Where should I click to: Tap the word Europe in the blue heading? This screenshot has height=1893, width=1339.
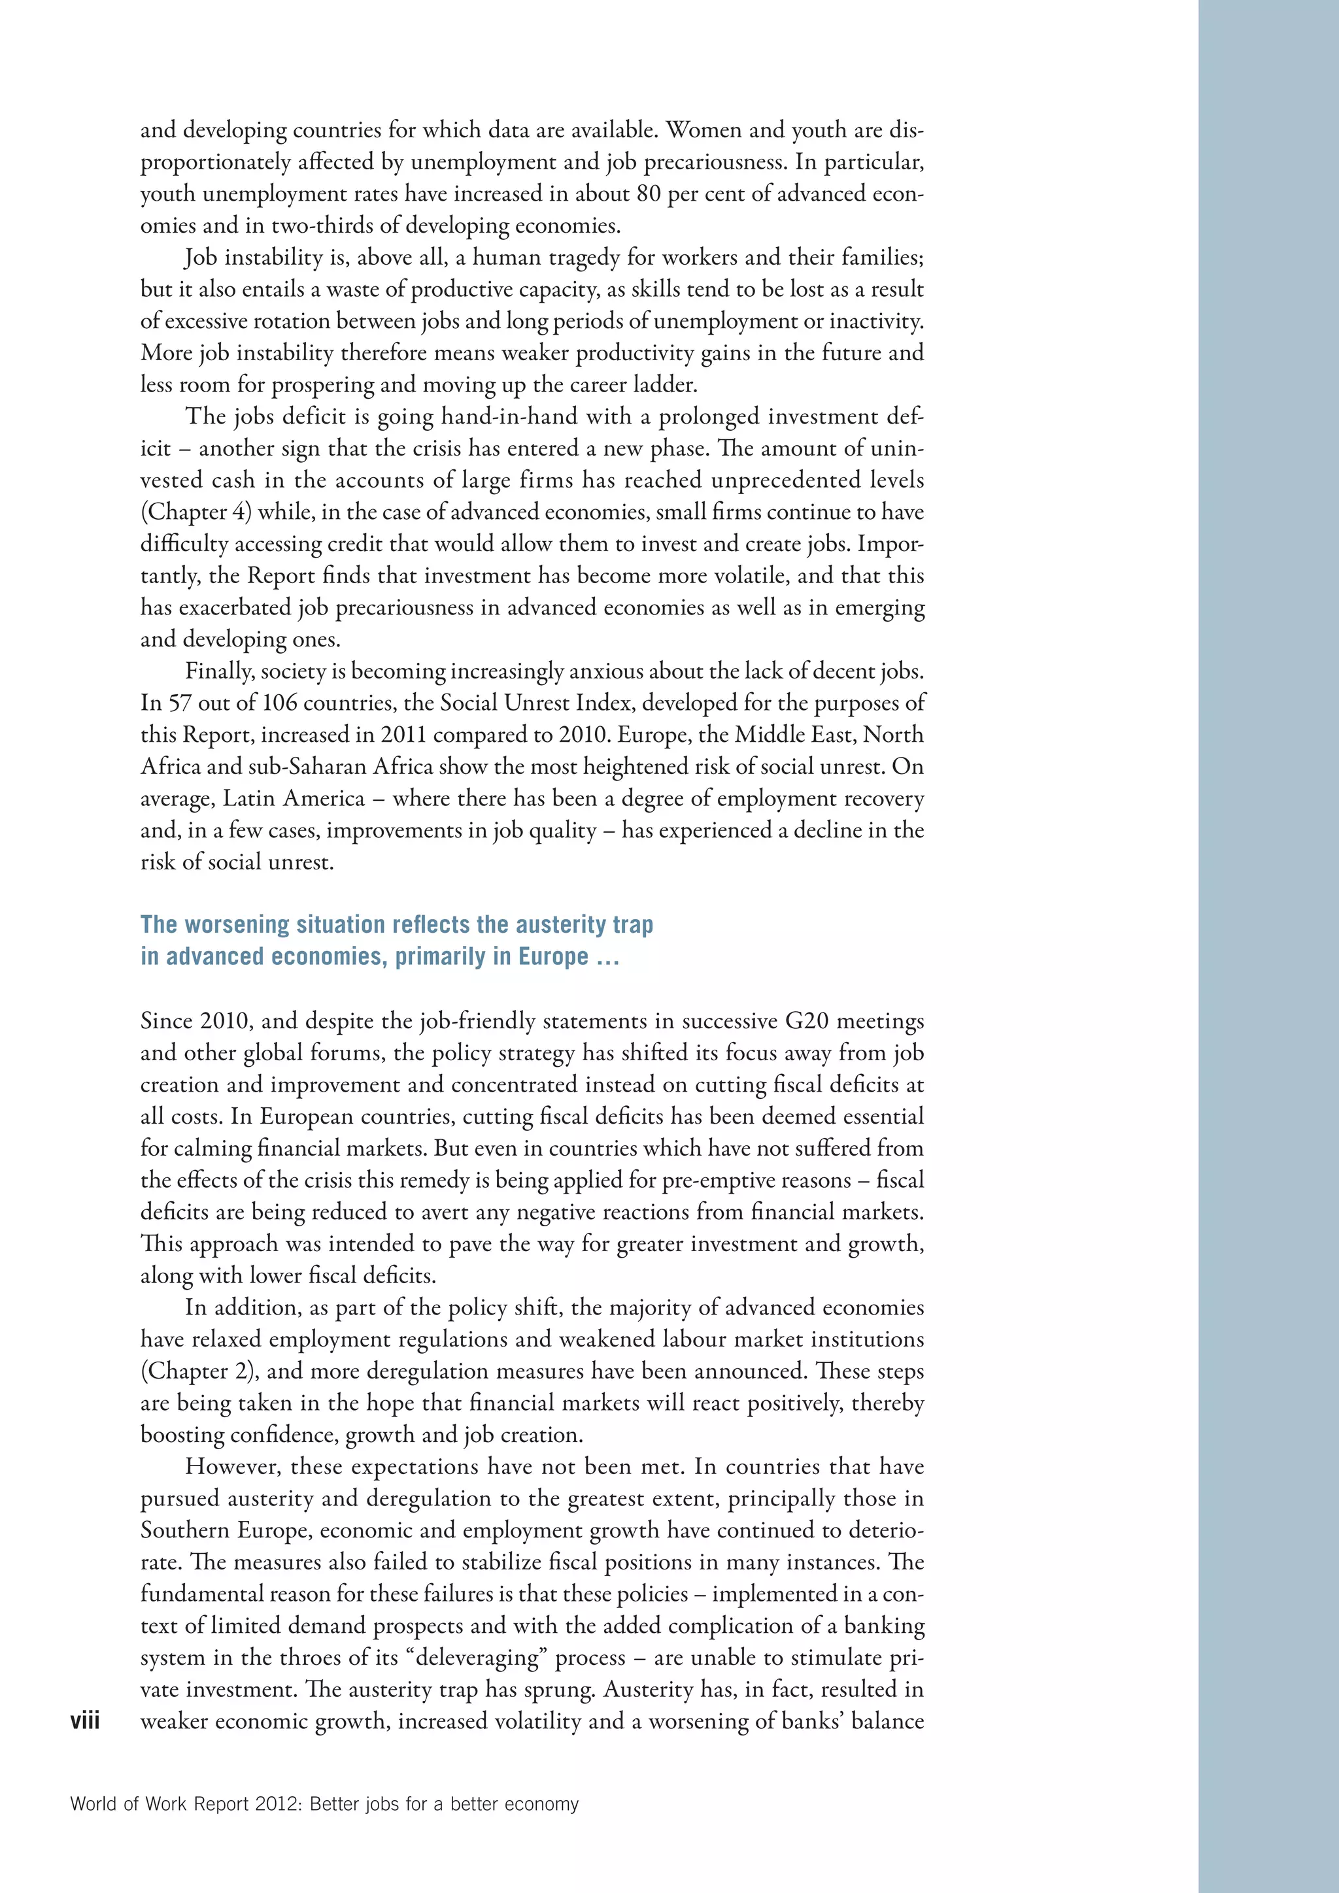pyautogui.click(x=553, y=956)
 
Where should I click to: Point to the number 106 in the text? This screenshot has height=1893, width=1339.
pyautogui.click(x=280, y=703)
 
